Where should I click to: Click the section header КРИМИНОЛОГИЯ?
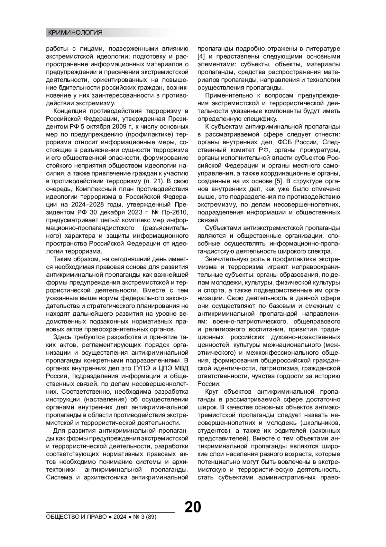pos(75,33)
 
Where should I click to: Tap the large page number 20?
pos(193,507)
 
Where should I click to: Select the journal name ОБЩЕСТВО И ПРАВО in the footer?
pos(76,517)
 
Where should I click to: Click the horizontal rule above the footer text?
pos(110,512)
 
